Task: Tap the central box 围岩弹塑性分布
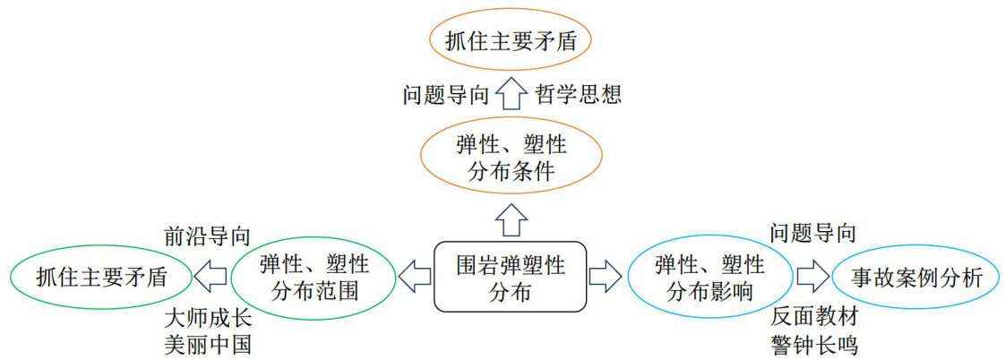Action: tap(511, 277)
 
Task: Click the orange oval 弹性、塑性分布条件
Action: tap(511, 158)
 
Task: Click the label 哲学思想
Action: tap(578, 94)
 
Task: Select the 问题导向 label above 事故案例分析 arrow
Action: tap(812, 234)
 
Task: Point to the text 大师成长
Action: tap(206, 317)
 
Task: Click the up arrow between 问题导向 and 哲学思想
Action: tap(511, 93)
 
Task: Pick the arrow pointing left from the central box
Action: tap(415, 277)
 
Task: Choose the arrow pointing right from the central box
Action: tap(606, 277)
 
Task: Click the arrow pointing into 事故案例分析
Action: tap(812, 277)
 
